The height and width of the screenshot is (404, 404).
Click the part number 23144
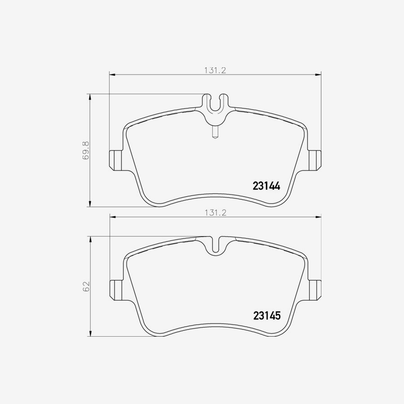point(266,186)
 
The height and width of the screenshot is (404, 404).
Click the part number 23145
point(267,316)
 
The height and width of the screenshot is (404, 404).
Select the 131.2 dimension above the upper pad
point(215,70)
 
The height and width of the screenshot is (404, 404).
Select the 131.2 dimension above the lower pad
point(215,213)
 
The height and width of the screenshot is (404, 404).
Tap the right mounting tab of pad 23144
point(316,159)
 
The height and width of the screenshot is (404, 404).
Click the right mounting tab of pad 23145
point(316,290)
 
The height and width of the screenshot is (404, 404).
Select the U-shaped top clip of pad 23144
point(215,104)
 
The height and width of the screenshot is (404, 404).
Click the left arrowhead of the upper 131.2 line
point(113,74)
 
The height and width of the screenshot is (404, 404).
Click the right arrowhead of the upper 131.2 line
point(319,74)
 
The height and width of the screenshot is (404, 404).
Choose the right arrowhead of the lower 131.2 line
point(319,217)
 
